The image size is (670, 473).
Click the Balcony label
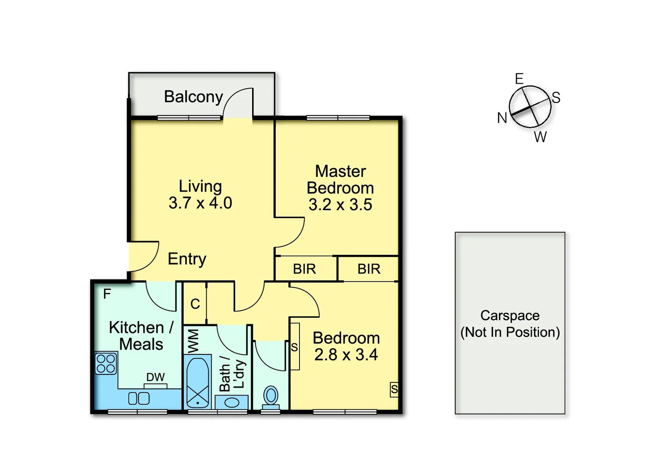click(193, 97)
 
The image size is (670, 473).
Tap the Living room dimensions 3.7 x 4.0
click(200, 203)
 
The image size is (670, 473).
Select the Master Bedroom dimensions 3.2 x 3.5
click(340, 205)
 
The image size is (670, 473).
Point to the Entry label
click(187, 259)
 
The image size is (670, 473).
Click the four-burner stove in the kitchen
click(106, 364)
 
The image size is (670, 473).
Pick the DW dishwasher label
click(155, 377)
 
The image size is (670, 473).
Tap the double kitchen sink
click(139, 399)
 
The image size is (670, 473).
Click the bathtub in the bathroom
click(198, 382)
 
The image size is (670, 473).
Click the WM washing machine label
click(193, 341)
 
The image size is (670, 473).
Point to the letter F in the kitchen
click(107, 294)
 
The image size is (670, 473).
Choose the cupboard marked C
click(195, 304)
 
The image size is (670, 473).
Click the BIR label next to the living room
click(304, 269)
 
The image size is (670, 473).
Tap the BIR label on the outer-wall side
click(369, 269)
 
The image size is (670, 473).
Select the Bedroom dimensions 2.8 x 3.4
click(346, 355)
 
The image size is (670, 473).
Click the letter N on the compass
click(502, 118)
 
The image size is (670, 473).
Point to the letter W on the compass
click(540, 137)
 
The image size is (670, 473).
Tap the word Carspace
click(510, 315)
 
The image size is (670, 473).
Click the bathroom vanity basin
click(232, 402)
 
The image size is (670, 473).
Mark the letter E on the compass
click(519, 79)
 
